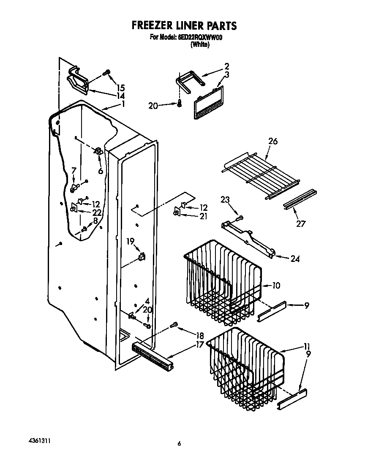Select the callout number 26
[x=272, y=142]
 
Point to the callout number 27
[x=300, y=223]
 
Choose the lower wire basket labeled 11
[x=245, y=367]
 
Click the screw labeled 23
[x=240, y=218]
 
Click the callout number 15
[x=120, y=88]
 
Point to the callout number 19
[x=131, y=241]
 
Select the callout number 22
[x=97, y=212]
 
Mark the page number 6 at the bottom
[x=179, y=444]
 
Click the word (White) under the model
[x=200, y=44]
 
